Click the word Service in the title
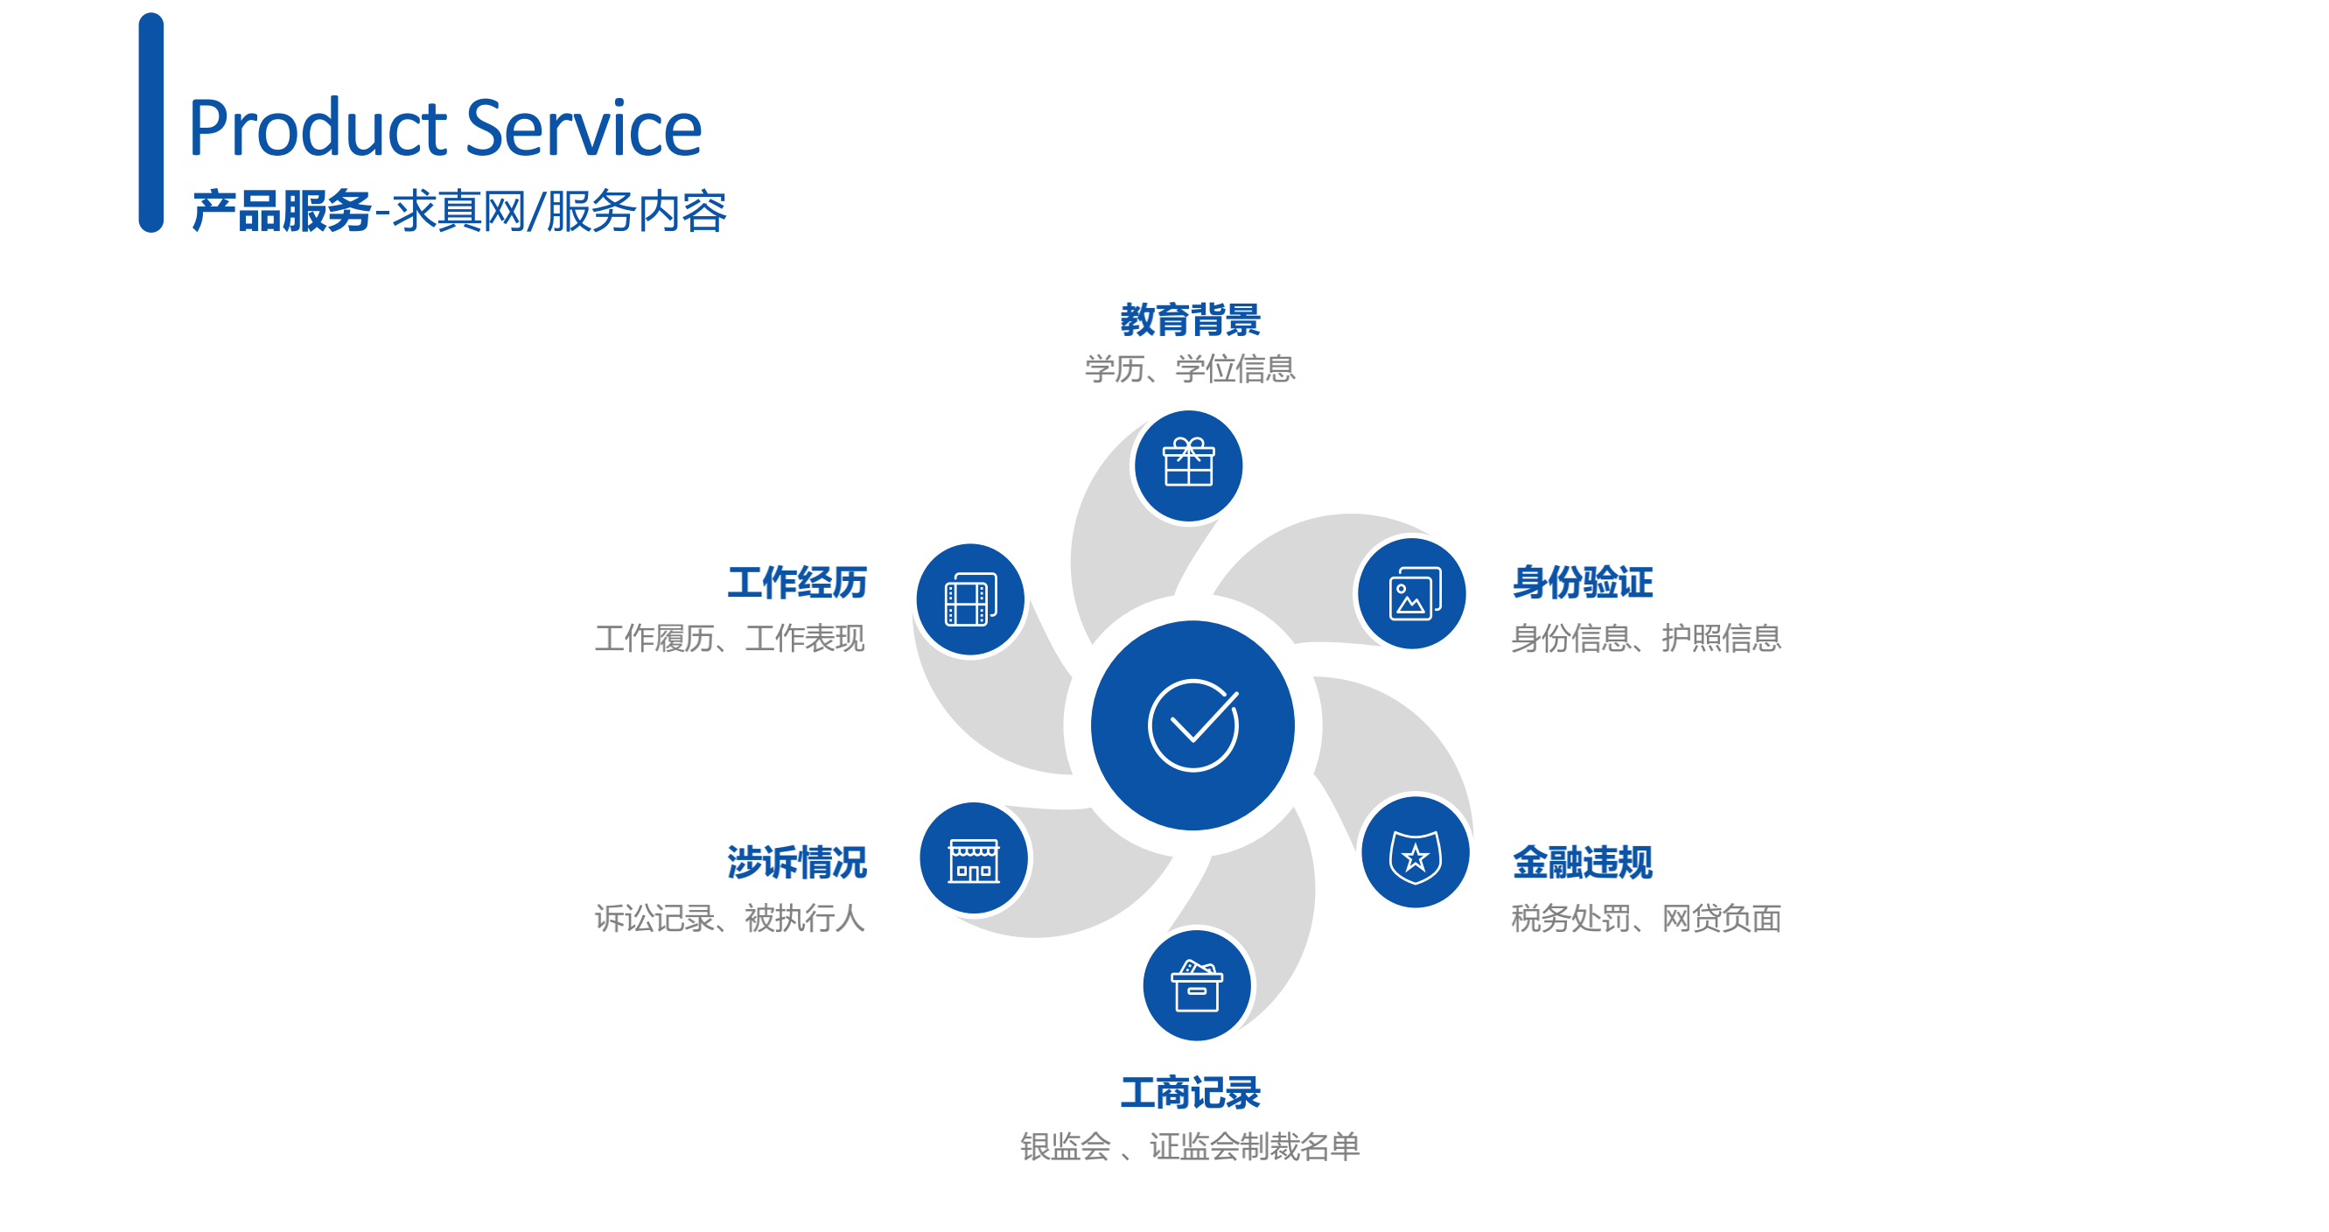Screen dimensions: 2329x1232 tap(584, 128)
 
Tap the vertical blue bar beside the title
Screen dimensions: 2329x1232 tap(151, 122)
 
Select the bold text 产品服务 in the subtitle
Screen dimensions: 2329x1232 tap(281, 212)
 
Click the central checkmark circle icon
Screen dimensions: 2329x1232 tap(1192, 724)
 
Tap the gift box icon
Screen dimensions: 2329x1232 tap(1188, 462)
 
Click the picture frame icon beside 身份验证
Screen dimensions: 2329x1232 tap(1414, 594)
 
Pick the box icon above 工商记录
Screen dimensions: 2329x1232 tap(1196, 985)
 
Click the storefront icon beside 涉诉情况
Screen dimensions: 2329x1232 tap(974, 859)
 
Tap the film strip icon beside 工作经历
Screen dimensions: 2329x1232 tap(970, 599)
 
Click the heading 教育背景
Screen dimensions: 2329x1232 tap(1190, 320)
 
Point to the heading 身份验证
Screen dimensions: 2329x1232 tap(1582, 582)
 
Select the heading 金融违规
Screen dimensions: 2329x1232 tap(1582, 862)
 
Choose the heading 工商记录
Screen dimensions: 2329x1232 tap(1190, 1093)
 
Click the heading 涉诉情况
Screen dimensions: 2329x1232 tap(796, 862)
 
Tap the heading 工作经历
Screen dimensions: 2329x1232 tap(796, 582)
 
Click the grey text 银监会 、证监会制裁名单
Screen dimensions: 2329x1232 tap(1190, 1146)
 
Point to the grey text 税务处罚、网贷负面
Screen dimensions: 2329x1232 tap(1646, 918)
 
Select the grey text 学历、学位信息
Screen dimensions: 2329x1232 tap(1190, 368)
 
